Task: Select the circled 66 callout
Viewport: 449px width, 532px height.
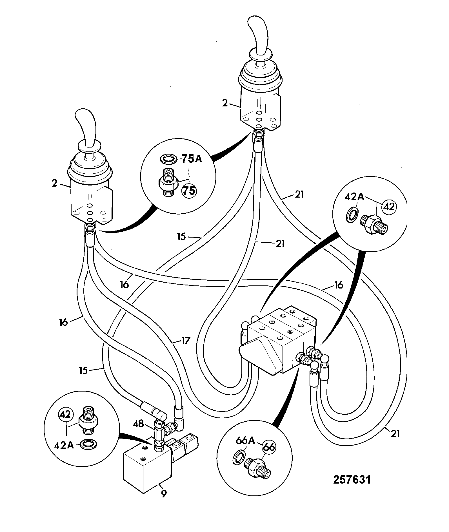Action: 269,447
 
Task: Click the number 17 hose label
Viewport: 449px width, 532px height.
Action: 186,341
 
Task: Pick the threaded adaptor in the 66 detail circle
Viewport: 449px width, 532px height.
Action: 257,466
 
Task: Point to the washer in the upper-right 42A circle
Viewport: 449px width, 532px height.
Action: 352,215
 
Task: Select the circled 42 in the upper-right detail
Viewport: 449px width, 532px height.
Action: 389,207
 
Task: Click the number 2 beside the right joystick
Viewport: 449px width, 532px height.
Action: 225,103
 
